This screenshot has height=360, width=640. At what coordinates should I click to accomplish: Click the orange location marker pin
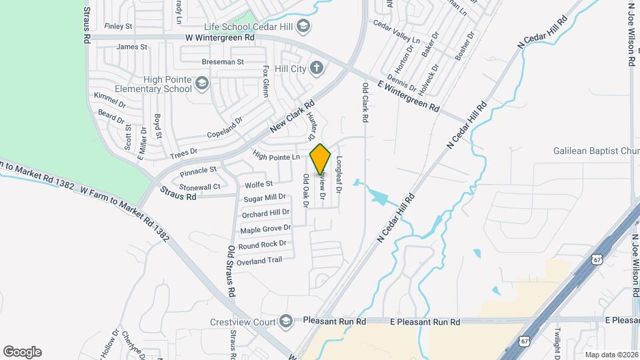[x=320, y=159]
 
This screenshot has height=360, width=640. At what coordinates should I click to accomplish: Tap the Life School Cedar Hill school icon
[x=304, y=26]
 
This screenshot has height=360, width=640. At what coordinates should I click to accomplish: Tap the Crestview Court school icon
[x=287, y=320]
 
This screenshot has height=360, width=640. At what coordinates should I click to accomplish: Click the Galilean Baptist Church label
[x=596, y=151]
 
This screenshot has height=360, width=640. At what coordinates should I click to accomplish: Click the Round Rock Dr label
[x=262, y=245]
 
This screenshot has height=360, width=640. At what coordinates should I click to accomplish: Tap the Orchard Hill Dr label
[x=265, y=213]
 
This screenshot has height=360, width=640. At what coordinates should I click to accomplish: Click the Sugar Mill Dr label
[x=264, y=197]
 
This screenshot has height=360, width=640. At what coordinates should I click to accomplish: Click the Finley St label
[x=120, y=27]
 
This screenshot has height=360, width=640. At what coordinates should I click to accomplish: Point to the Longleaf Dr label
[x=339, y=175]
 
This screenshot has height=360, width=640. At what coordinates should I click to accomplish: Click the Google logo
[x=22, y=351]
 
